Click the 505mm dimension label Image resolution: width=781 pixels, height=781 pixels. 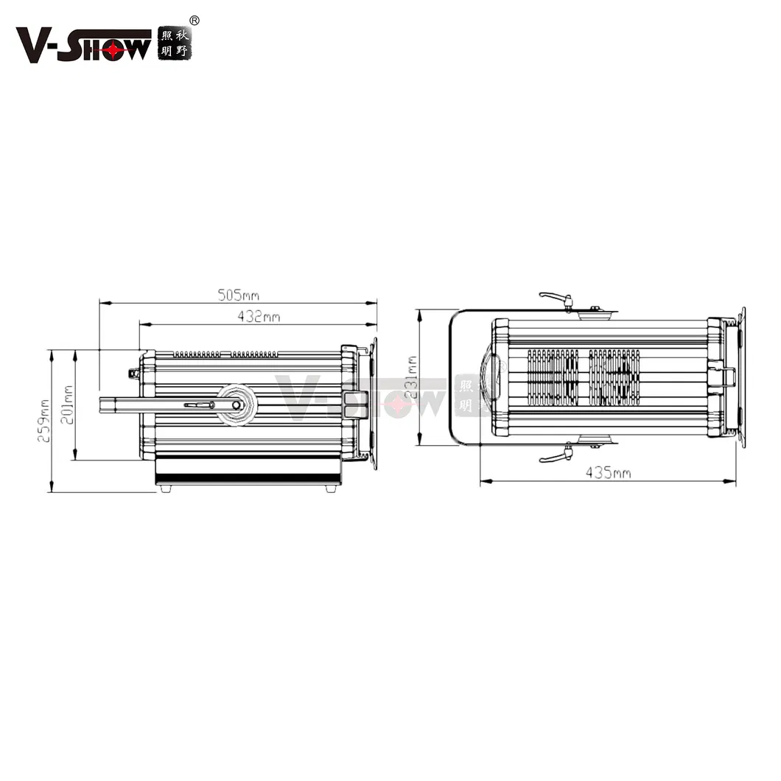pyautogui.click(x=238, y=295)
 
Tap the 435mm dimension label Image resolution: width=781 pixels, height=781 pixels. pyautogui.click(x=608, y=473)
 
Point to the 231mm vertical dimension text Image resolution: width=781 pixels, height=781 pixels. pyautogui.click(x=412, y=377)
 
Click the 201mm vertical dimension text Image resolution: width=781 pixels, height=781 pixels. pyautogui.click(x=67, y=404)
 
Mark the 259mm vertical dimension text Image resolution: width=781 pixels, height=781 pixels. pyautogui.click(x=44, y=421)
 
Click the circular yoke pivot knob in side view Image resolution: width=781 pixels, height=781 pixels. pyautogui.click(x=237, y=404)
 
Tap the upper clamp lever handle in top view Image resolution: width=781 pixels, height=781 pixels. pyautogui.click(x=553, y=297)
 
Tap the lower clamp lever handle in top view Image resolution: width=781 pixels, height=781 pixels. pyautogui.click(x=553, y=457)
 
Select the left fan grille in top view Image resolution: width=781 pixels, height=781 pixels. pyautogui.click(x=553, y=377)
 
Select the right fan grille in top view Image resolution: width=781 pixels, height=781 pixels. pyautogui.click(x=614, y=377)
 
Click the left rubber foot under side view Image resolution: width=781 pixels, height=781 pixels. pyautogui.click(x=166, y=488)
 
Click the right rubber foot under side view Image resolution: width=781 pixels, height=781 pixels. pyautogui.click(x=331, y=488)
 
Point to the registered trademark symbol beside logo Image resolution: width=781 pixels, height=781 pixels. pyautogui.click(x=195, y=20)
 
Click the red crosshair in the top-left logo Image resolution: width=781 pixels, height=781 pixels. pyautogui.click(x=112, y=49)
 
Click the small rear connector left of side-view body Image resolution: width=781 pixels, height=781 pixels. pyautogui.click(x=133, y=374)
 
